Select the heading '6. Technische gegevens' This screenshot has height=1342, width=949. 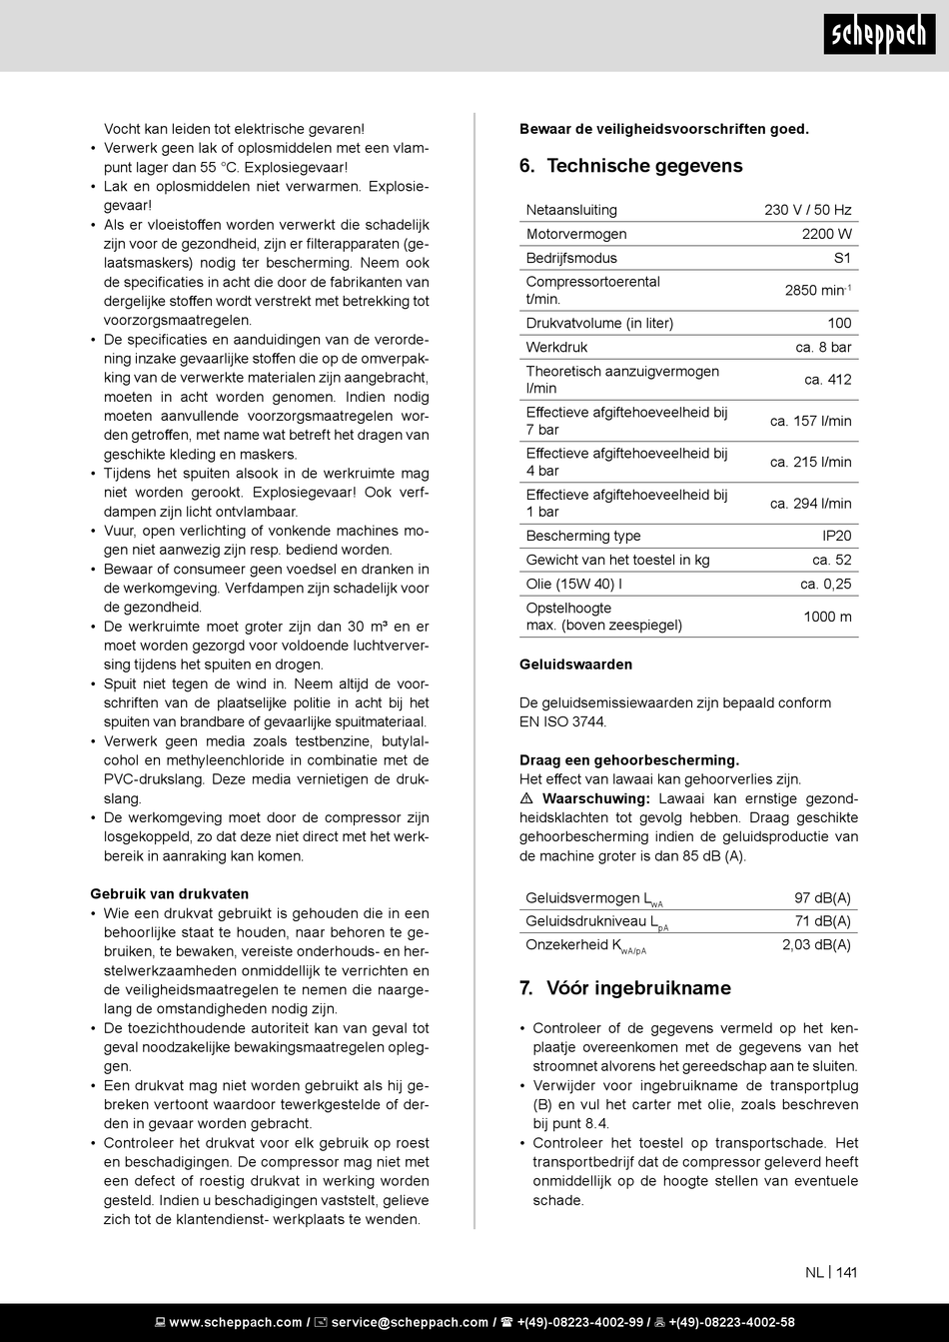630,166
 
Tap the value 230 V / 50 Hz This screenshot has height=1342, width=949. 807,210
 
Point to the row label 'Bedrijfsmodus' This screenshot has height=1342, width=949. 571,258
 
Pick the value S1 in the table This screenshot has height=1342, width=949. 842,258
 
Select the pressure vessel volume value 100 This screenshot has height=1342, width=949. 839,323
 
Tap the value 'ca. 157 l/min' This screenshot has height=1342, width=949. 810,421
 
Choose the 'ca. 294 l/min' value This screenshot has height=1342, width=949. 810,504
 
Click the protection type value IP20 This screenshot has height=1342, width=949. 836,536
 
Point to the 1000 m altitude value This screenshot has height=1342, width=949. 827,617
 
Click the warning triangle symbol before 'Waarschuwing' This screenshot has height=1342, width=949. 526,799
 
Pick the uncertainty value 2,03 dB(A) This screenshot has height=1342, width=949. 816,944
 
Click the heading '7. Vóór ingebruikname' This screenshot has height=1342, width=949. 624,988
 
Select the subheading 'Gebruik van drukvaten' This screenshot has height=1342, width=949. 169,893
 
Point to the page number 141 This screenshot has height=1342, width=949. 846,1272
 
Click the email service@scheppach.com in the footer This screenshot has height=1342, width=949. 410,1322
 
